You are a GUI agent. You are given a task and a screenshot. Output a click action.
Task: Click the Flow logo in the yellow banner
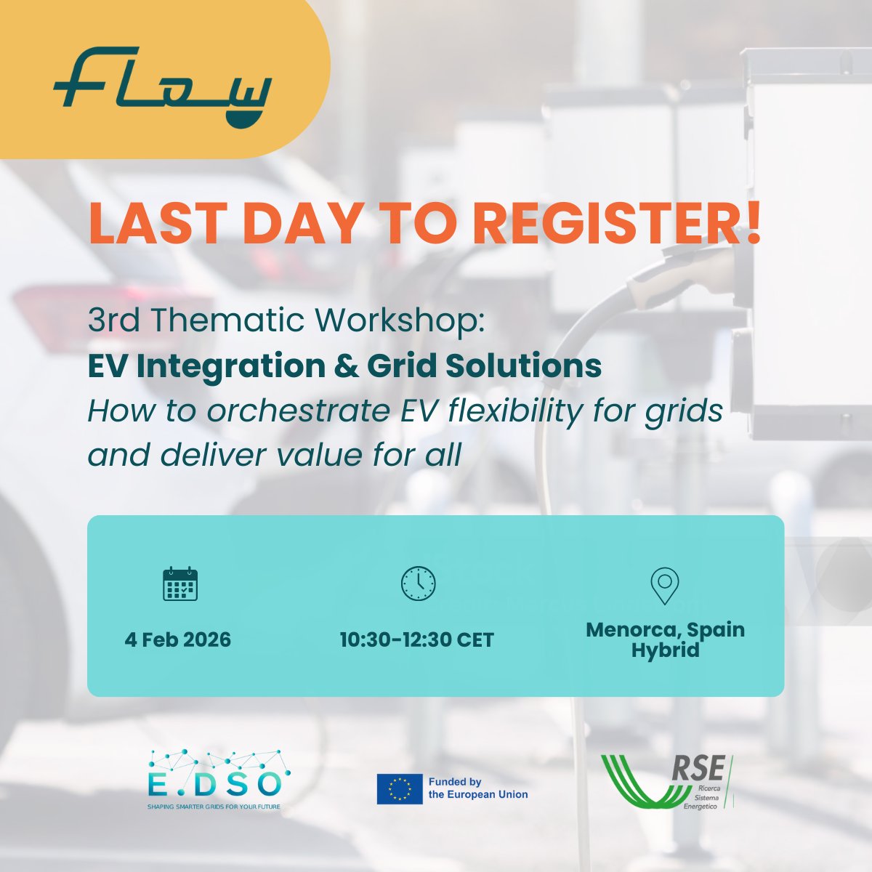click(162, 86)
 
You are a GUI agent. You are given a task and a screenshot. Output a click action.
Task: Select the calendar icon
click(180, 584)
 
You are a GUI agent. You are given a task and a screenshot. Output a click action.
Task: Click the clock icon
click(419, 584)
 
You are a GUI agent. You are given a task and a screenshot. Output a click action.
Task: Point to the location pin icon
click(664, 586)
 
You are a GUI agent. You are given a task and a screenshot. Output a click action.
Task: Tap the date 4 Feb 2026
click(178, 640)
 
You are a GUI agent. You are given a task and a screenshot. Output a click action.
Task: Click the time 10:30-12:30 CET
click(417, 640)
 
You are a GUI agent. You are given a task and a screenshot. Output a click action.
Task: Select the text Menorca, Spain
click(665, 629)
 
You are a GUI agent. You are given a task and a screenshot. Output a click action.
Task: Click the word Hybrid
click(665, 650)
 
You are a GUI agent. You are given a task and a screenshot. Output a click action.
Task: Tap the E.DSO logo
click(214, 780)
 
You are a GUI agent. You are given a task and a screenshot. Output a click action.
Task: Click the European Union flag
click(400, 789)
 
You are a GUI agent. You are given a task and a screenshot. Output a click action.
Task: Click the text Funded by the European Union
click(477, 788)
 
